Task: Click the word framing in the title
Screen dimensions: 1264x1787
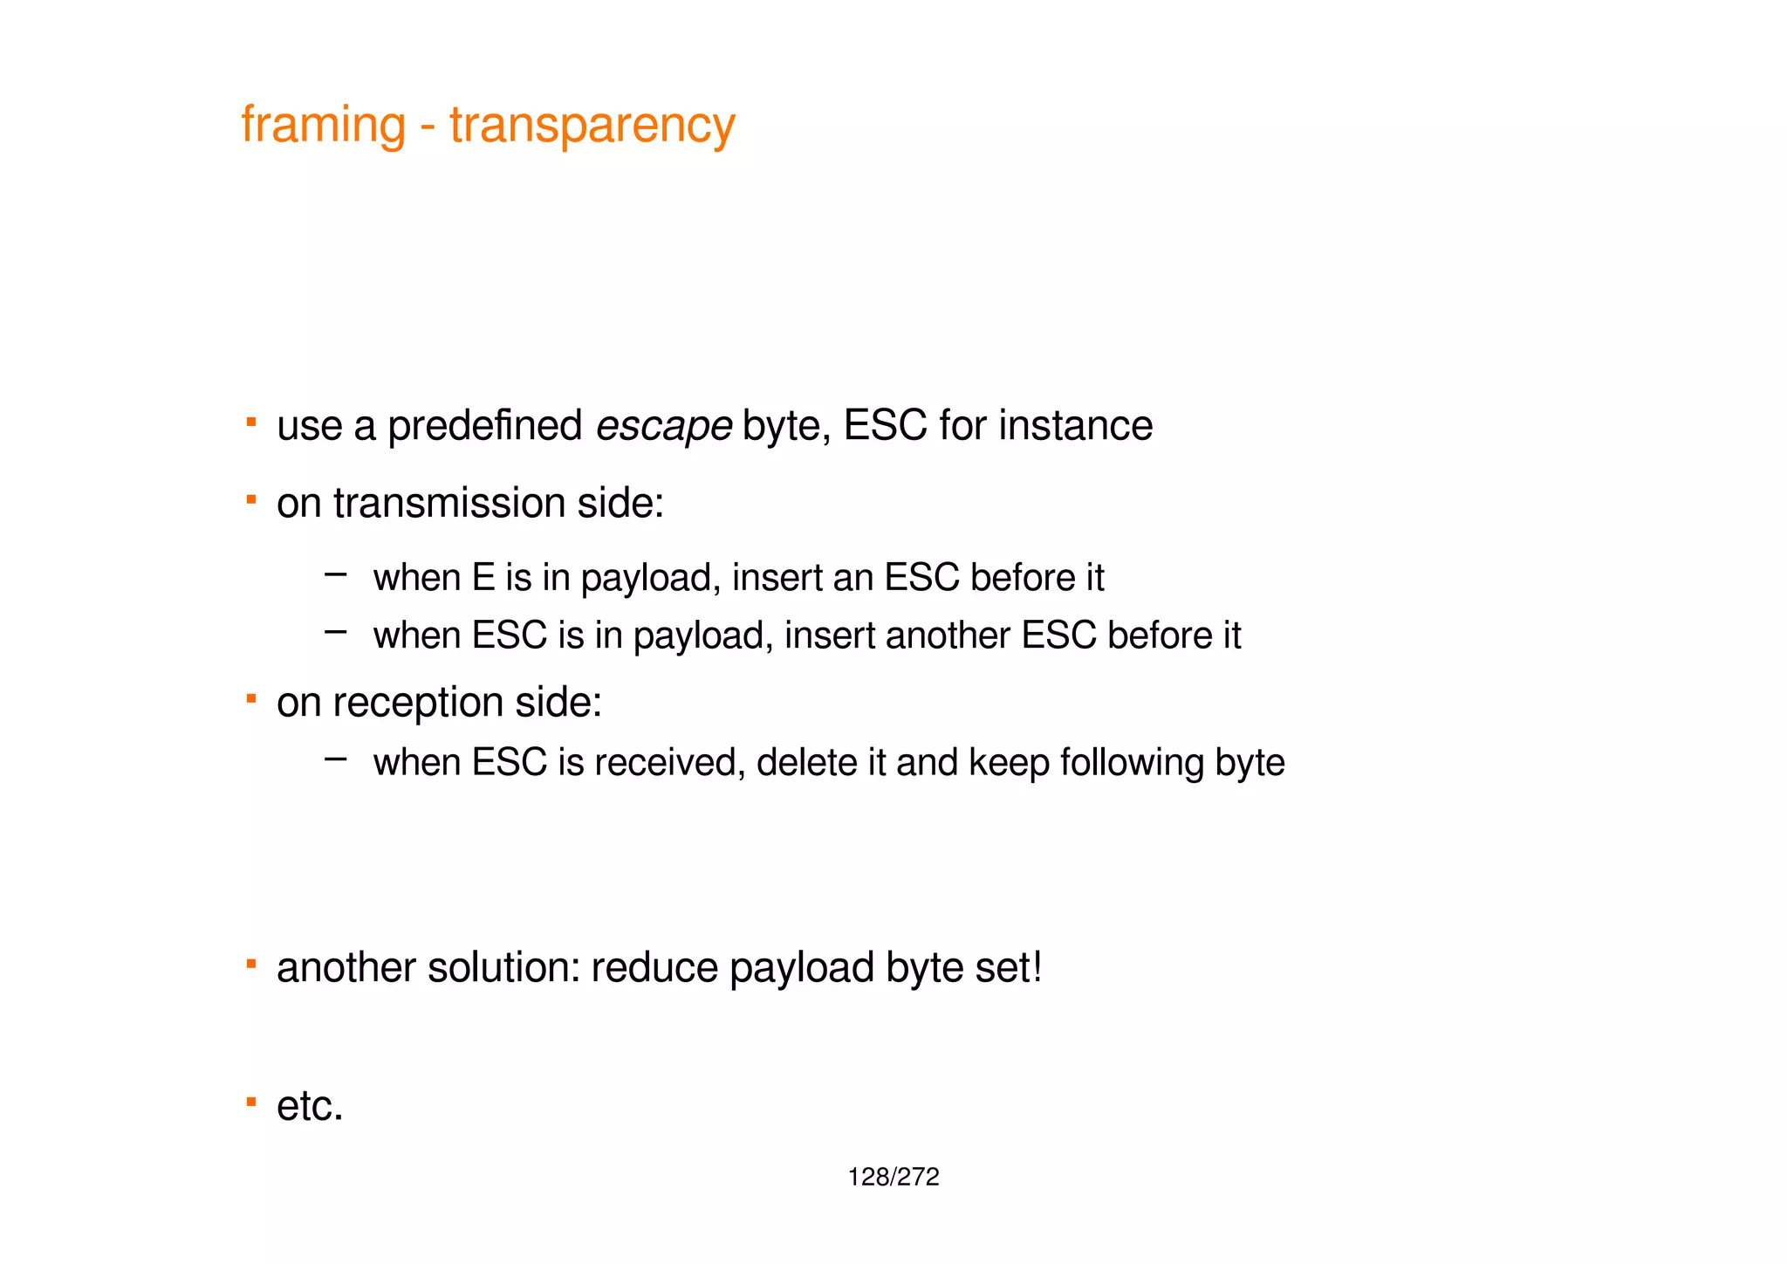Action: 323,126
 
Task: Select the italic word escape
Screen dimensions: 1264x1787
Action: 663,427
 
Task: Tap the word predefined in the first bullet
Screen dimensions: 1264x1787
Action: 484,427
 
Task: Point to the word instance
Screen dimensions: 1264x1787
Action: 1075,427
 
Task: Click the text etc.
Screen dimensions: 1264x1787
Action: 310,1107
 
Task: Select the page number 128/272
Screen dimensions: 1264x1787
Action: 893,1178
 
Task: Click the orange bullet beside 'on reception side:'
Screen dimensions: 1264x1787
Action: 251,698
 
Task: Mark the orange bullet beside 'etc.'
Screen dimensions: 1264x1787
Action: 251,1102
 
